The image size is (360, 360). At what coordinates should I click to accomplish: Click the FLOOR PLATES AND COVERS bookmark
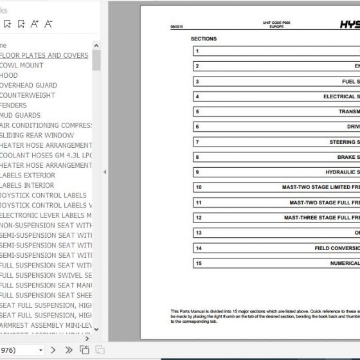(45, 55)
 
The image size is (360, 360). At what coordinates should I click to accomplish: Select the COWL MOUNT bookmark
(22, 66)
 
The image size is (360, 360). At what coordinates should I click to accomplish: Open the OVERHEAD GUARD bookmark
(29, 85)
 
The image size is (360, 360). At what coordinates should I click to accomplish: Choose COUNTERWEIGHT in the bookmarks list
(30, 95)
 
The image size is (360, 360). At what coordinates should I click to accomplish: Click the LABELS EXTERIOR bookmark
(28, 175)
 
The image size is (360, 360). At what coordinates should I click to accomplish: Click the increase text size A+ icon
(34, 24)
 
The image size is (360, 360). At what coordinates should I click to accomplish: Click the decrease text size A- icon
(48, 24)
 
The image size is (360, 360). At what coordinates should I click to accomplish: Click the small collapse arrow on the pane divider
(104, 172)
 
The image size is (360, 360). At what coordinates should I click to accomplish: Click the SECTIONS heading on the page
(204, 39)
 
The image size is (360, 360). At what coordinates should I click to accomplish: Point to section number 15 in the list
(199, 263)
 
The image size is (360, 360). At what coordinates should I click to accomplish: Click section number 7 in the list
(198, 142)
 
